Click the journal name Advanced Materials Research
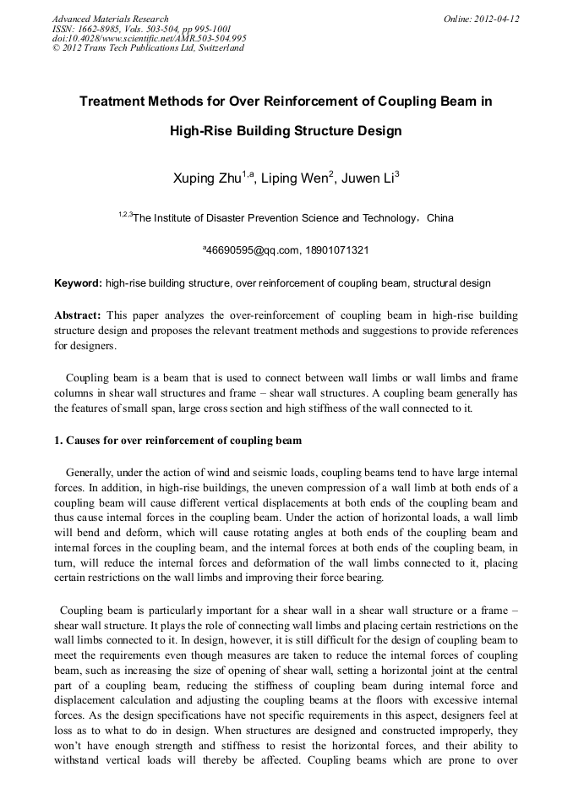tap(110, 19)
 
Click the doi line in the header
tap(149, 38)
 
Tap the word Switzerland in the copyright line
tap(217, 47)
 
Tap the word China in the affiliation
tap(439, 218)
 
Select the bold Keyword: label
tap(78, 282)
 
